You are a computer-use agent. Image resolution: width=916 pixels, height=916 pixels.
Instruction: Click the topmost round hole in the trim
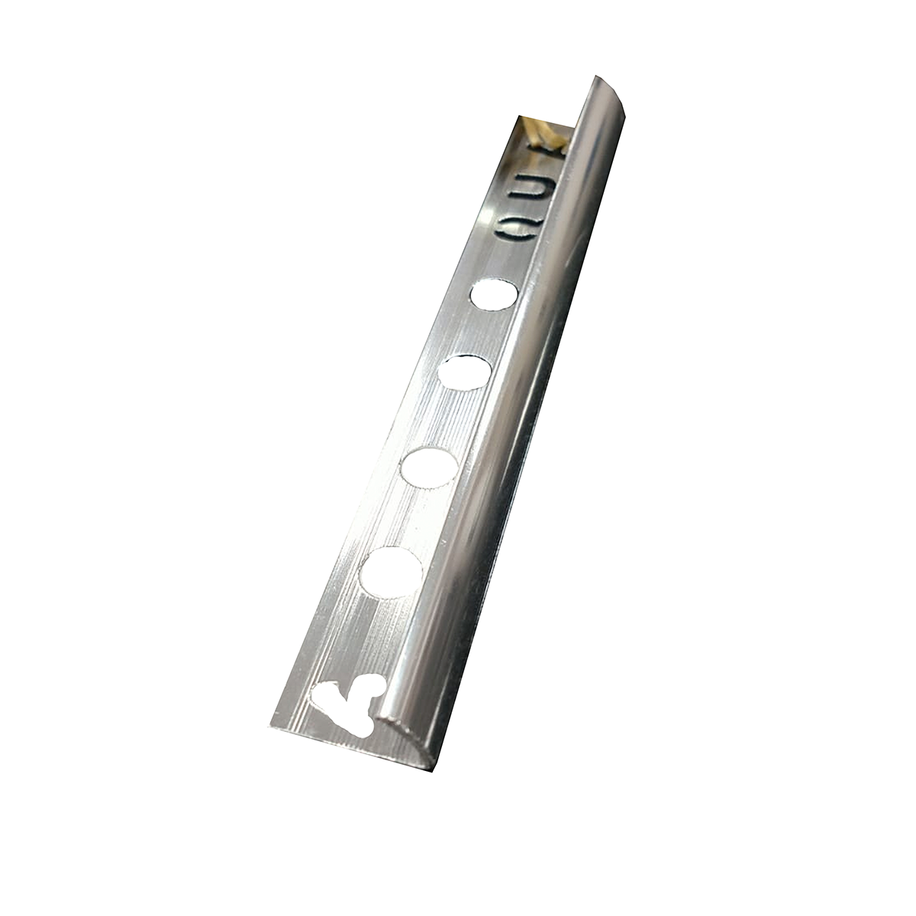pyautogui.click(x=494, y=295)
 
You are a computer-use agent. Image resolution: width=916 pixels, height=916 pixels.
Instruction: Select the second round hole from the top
pyautogui.click(x=464, y=373)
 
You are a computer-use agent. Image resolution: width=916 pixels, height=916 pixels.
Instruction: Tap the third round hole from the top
pyautogui.click(x=429, y=466)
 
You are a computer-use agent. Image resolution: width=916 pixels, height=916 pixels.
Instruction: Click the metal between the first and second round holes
pyautogui.click(x=479, y=334)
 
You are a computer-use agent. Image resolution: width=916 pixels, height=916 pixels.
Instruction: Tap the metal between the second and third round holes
pyautogui.click(x=447, y=419)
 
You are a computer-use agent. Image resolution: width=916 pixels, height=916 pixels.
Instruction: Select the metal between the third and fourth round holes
pyautogui.click(x=411, y=519)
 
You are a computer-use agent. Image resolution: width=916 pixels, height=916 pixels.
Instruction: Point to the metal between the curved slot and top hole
pyautogui.click(x=503, y=260)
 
